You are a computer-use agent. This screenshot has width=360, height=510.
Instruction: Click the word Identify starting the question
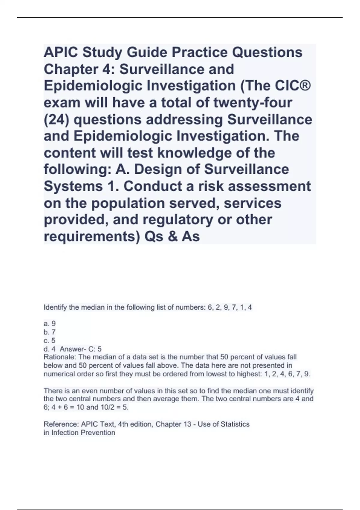point(55,307)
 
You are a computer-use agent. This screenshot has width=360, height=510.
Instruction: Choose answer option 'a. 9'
point(49,324)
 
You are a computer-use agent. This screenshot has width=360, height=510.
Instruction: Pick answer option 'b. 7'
point(49,332)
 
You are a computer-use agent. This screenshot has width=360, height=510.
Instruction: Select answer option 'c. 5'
point(49,340)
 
